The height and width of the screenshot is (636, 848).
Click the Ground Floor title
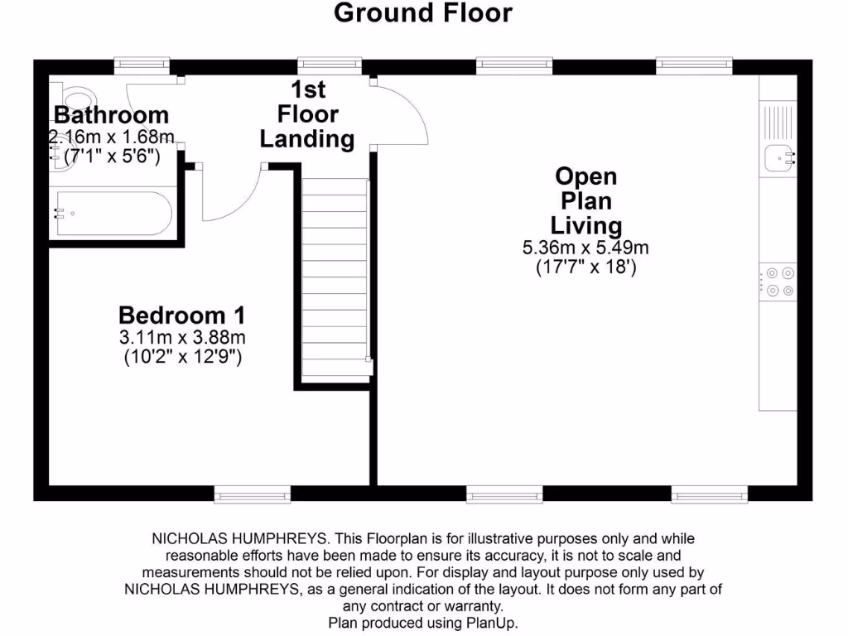(423, 13)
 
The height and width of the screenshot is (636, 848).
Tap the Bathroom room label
(111, 114)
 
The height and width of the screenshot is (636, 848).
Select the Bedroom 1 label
(181, 316)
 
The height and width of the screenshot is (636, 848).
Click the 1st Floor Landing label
(307, 114)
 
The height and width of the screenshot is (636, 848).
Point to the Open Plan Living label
(585, 200)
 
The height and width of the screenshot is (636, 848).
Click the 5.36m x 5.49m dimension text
(585, 248)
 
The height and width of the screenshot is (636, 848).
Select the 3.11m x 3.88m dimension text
(181, 338)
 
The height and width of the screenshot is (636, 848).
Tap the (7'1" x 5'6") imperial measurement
(111, 156)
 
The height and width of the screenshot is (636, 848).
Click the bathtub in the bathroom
(111, 214)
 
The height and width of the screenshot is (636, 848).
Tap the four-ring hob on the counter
(778, 280)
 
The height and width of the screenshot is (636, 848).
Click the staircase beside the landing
(335, 277)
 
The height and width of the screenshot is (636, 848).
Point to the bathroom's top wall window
(142, 65)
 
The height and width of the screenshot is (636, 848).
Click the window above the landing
(329, 65)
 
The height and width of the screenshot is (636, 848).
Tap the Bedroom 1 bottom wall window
(240, 495)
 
